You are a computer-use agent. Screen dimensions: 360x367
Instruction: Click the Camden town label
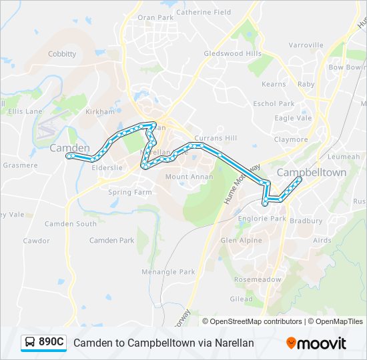(x=69, y=148)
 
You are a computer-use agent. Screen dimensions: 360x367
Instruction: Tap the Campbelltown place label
(x=311, y=172)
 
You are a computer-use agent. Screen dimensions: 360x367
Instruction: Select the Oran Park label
(x=155, y=17)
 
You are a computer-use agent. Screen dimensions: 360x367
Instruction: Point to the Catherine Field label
(x=204, y=12)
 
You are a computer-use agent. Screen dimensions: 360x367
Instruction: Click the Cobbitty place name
(x=62, y=54)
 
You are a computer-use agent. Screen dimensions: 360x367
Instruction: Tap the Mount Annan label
(x=189, y=177)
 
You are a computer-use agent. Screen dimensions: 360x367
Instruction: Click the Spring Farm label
(x=129, y=192)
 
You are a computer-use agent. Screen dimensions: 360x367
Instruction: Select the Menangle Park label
(x=168, y=272)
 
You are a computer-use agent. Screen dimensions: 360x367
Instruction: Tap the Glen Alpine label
(x=241, y=240)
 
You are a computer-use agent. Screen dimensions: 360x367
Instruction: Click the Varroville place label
(x=306, y=45)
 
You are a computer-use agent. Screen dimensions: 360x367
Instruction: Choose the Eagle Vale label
(x=293, y=118)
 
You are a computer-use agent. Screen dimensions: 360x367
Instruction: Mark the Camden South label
(x=70, y=224)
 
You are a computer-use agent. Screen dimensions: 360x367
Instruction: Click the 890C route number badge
(x=51, y=343)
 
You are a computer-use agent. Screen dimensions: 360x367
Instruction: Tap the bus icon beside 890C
(x=30, y=343)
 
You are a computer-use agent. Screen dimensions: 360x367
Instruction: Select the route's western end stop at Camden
(x=69, y=156)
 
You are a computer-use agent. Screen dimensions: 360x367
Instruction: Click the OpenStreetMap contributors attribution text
(x=256, y=321)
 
